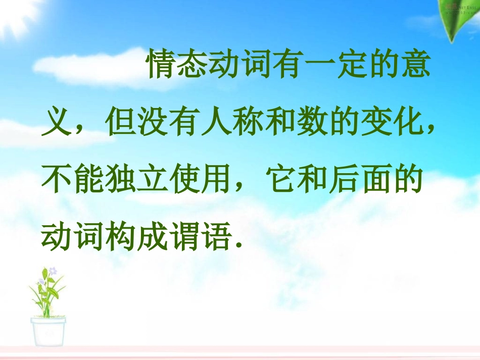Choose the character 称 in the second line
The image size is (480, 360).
point(248,124)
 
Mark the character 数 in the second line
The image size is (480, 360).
point(311,124)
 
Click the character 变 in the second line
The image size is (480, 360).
point(374,124)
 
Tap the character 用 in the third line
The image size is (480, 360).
point(215,181)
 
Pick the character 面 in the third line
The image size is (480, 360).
point(374,181)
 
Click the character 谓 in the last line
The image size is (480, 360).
point(183,237)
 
